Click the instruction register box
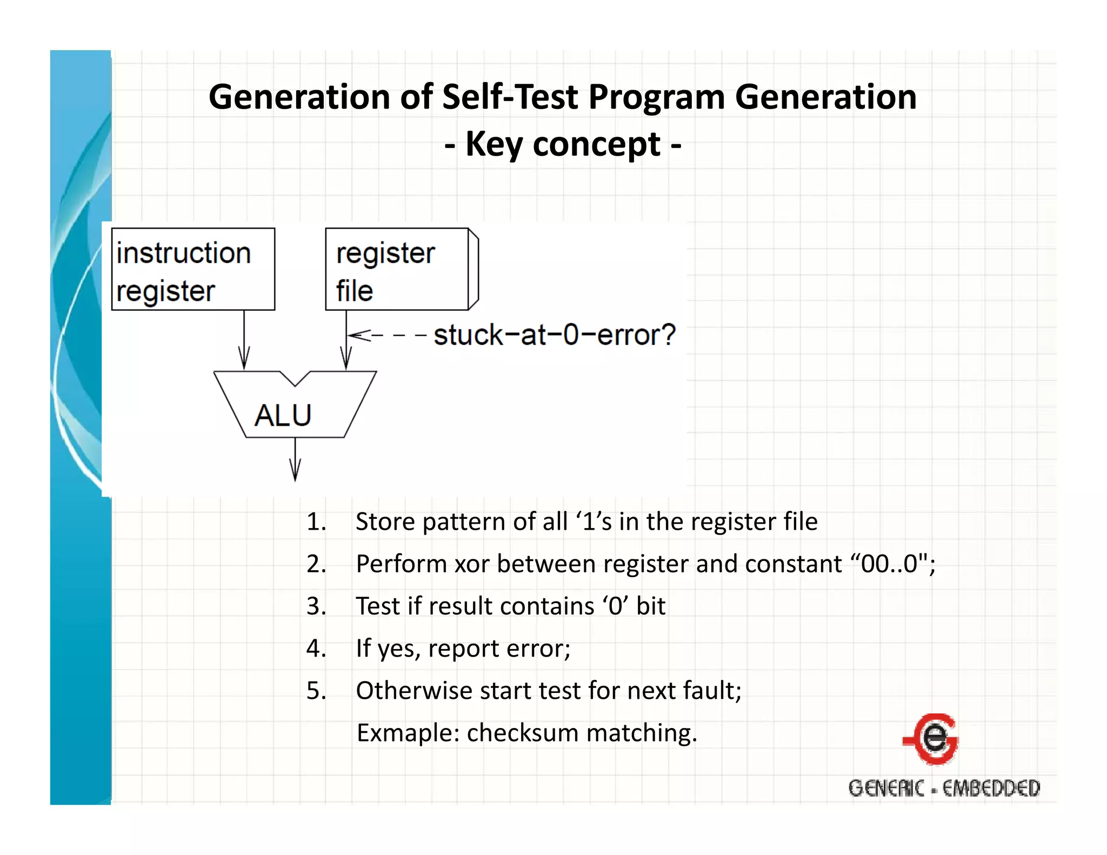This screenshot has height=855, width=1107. coord(193,269)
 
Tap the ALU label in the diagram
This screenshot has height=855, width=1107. coord(283,415)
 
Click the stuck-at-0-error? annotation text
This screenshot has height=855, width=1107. coord(555,335)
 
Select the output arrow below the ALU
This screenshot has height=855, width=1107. coord(295,459)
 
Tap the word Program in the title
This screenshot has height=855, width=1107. coord(656,97)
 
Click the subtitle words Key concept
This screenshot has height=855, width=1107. coord(563,144)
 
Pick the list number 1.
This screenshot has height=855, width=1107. coord(316,522)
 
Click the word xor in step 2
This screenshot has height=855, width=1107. coord(472,564)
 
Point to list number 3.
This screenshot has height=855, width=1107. coord(316,606)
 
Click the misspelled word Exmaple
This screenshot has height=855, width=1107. coord(408,733)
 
